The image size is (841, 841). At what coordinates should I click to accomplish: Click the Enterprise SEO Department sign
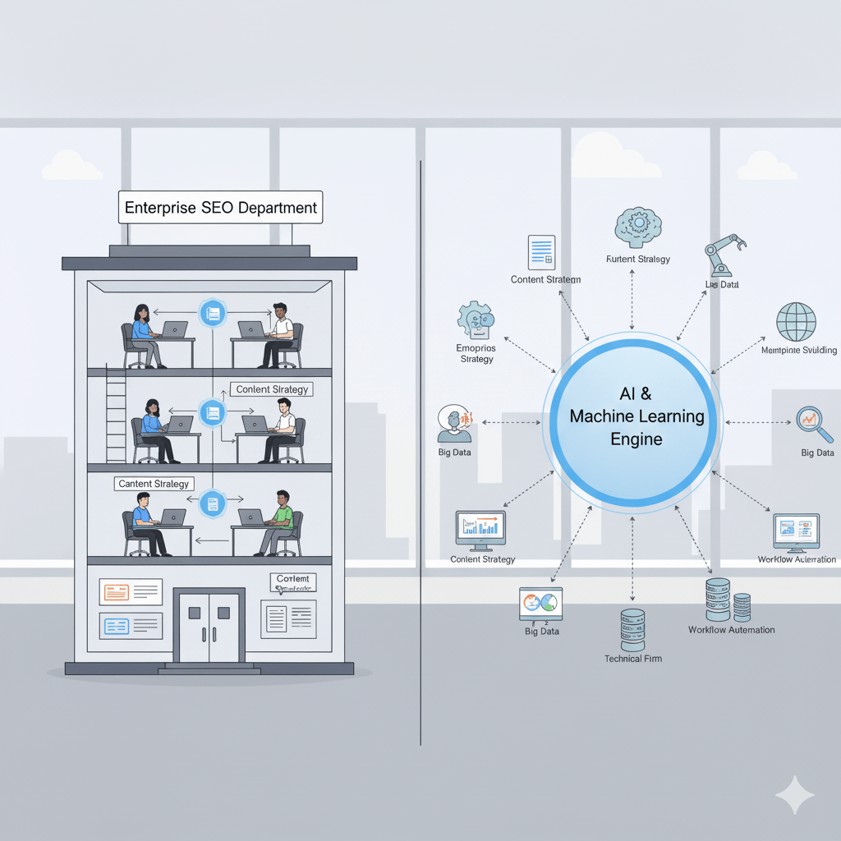click(x=220, y=207)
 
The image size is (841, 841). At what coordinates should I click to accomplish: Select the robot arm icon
click(x=725, y=255)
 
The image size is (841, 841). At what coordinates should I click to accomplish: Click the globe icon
click(x=796, y=322)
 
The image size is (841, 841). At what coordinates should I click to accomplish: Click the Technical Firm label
click(x=632, y=659)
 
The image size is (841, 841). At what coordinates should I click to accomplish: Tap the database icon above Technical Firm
click(x=632, y=629)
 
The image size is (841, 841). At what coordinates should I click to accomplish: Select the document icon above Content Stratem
click(x=541, y=252)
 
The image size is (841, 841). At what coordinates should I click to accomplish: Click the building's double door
click(x=209, y=627)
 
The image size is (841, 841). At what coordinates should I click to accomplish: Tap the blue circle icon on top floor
click(x=213, y=313)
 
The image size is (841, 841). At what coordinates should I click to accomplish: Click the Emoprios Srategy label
click(x=476, y=353)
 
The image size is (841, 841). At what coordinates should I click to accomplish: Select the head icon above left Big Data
click(x=453, y=424)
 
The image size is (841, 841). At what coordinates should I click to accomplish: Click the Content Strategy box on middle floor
click(x=272, y=389)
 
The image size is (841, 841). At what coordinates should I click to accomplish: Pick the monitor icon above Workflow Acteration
click(x=796, y=532)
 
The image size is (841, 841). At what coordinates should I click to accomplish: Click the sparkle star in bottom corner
click(x=794, y=795)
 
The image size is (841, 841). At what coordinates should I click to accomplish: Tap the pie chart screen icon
click(x=540, y=604)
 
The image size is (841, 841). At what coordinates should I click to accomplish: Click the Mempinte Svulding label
click(x=798, y=350)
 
